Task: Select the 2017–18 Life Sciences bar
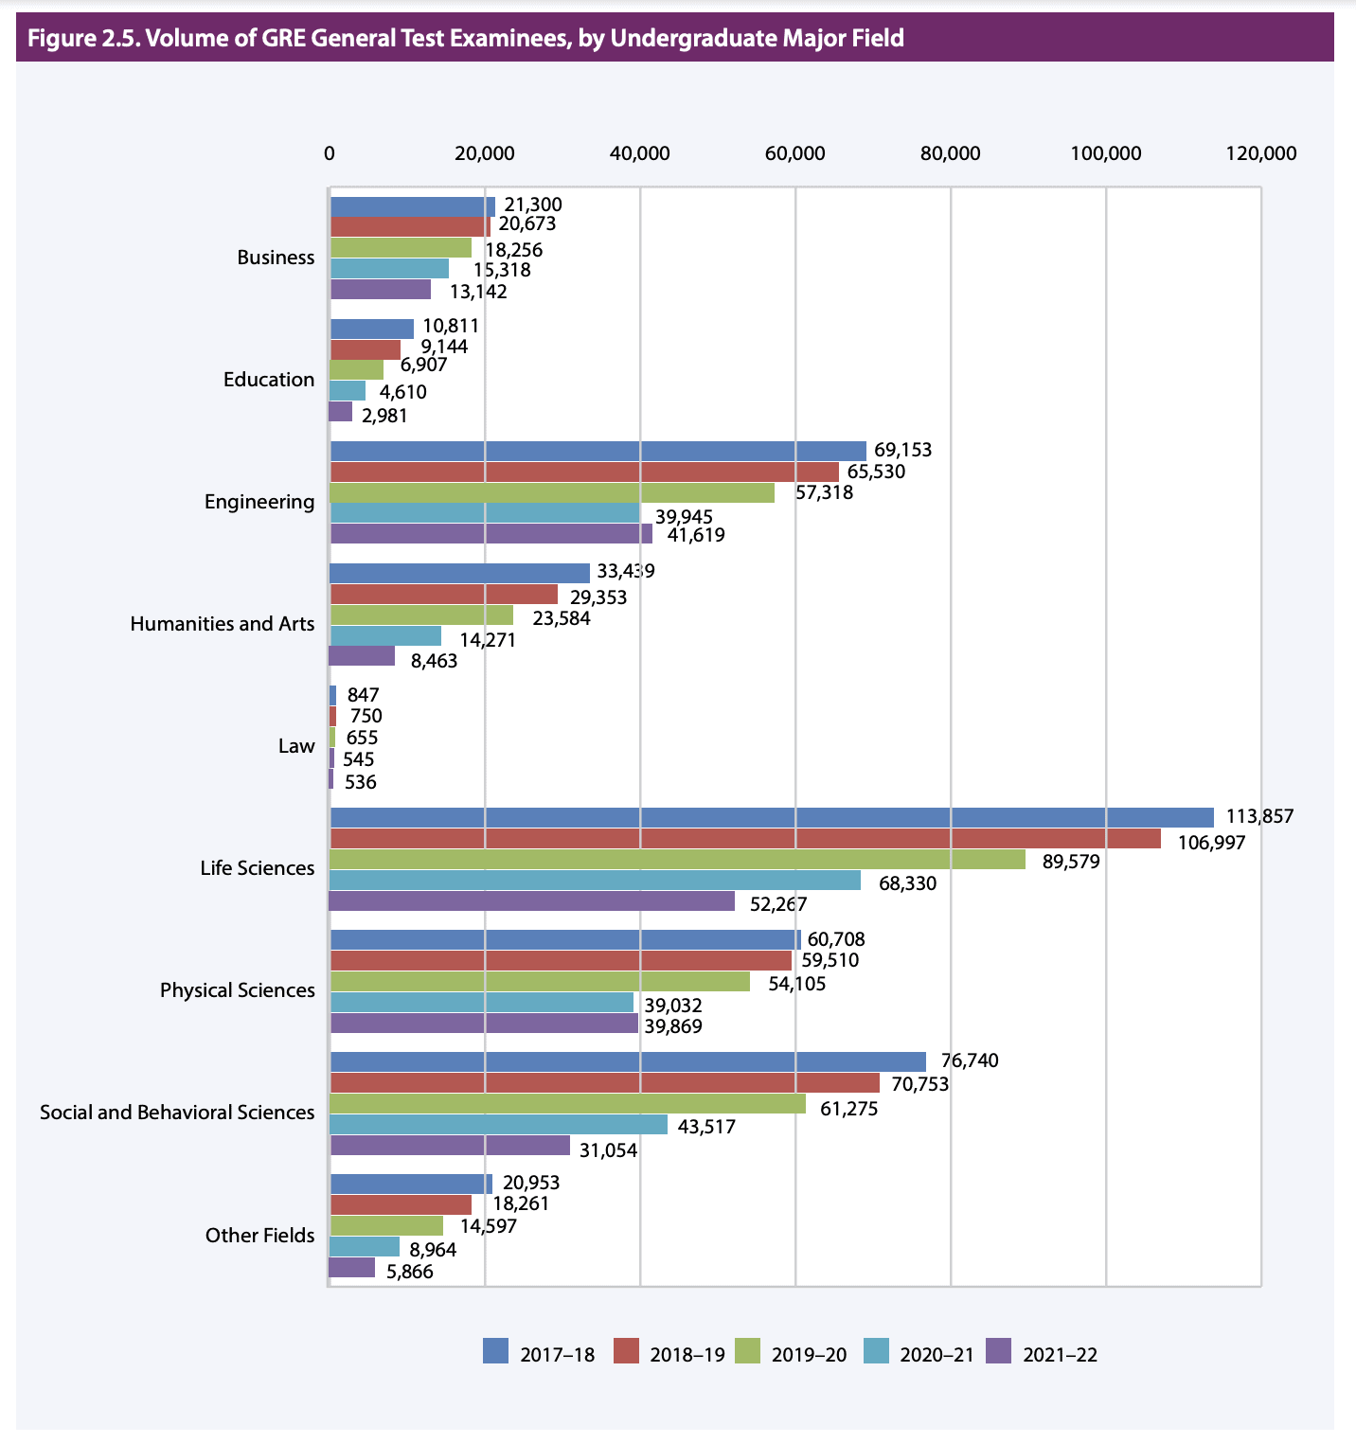pyautogui.click(x=771, y=817)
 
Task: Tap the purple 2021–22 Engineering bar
pyautogui.click(x=491, y=534)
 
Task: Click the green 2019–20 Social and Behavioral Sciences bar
pyautogui.click(x=567, y=1104)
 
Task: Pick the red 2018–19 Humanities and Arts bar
pyautogui.click(x=443, y=594)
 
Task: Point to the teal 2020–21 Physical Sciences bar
pyautogui.click(x=481, y=1002)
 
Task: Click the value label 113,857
pyautogui.click(x=1259, y=816)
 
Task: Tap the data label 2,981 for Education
pyautogui.click(x=384, y=416)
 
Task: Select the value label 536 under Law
pyautogui.click(x=361, y=782)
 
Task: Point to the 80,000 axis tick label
pyautogui.click(x=950, y=153)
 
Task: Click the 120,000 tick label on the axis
pyautogui.click(x=1260, y=153)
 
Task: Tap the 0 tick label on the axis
pyautogui.click(x=330, y=153)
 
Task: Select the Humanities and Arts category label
pyautogui.click(x=222, y=623)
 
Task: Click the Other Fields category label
pyautogui.click(x=259, y=1235)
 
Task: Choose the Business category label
pyautogui.click(x=276, y=257)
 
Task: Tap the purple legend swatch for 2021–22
pyautogui.click(x=999, y=1351)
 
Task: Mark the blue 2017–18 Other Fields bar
pyautogui.click(x=411, y=1184)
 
